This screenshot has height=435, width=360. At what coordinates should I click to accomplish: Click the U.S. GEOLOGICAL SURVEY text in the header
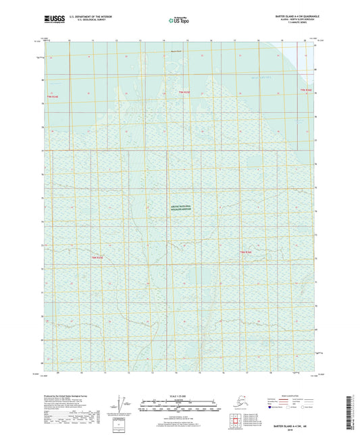coord(93,19)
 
